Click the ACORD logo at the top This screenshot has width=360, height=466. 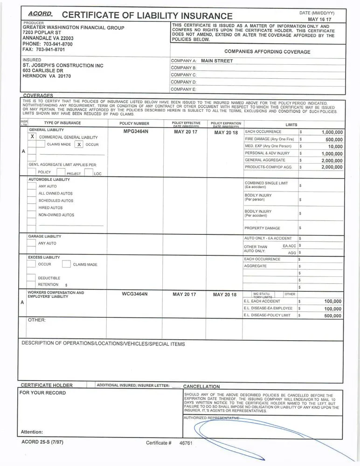point(40,14)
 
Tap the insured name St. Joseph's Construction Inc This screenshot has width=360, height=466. point(63,66)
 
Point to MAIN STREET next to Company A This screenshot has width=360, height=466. point(217,61)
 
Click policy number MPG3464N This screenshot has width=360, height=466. point(135,132)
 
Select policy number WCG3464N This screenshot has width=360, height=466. point(135,295)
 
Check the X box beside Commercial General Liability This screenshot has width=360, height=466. point(32,137)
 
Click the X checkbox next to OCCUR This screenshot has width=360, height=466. point(79,144)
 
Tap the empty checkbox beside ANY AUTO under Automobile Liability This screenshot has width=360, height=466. point(31,186)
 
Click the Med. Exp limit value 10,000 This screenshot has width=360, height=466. point(335,146)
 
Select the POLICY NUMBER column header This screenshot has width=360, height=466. point(134,123)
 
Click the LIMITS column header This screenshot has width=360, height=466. point(291,125)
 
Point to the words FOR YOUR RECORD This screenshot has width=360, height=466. point(42,393)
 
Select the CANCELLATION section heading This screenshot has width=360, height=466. point(201,386)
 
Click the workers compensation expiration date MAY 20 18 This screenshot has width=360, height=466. point(225,295)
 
